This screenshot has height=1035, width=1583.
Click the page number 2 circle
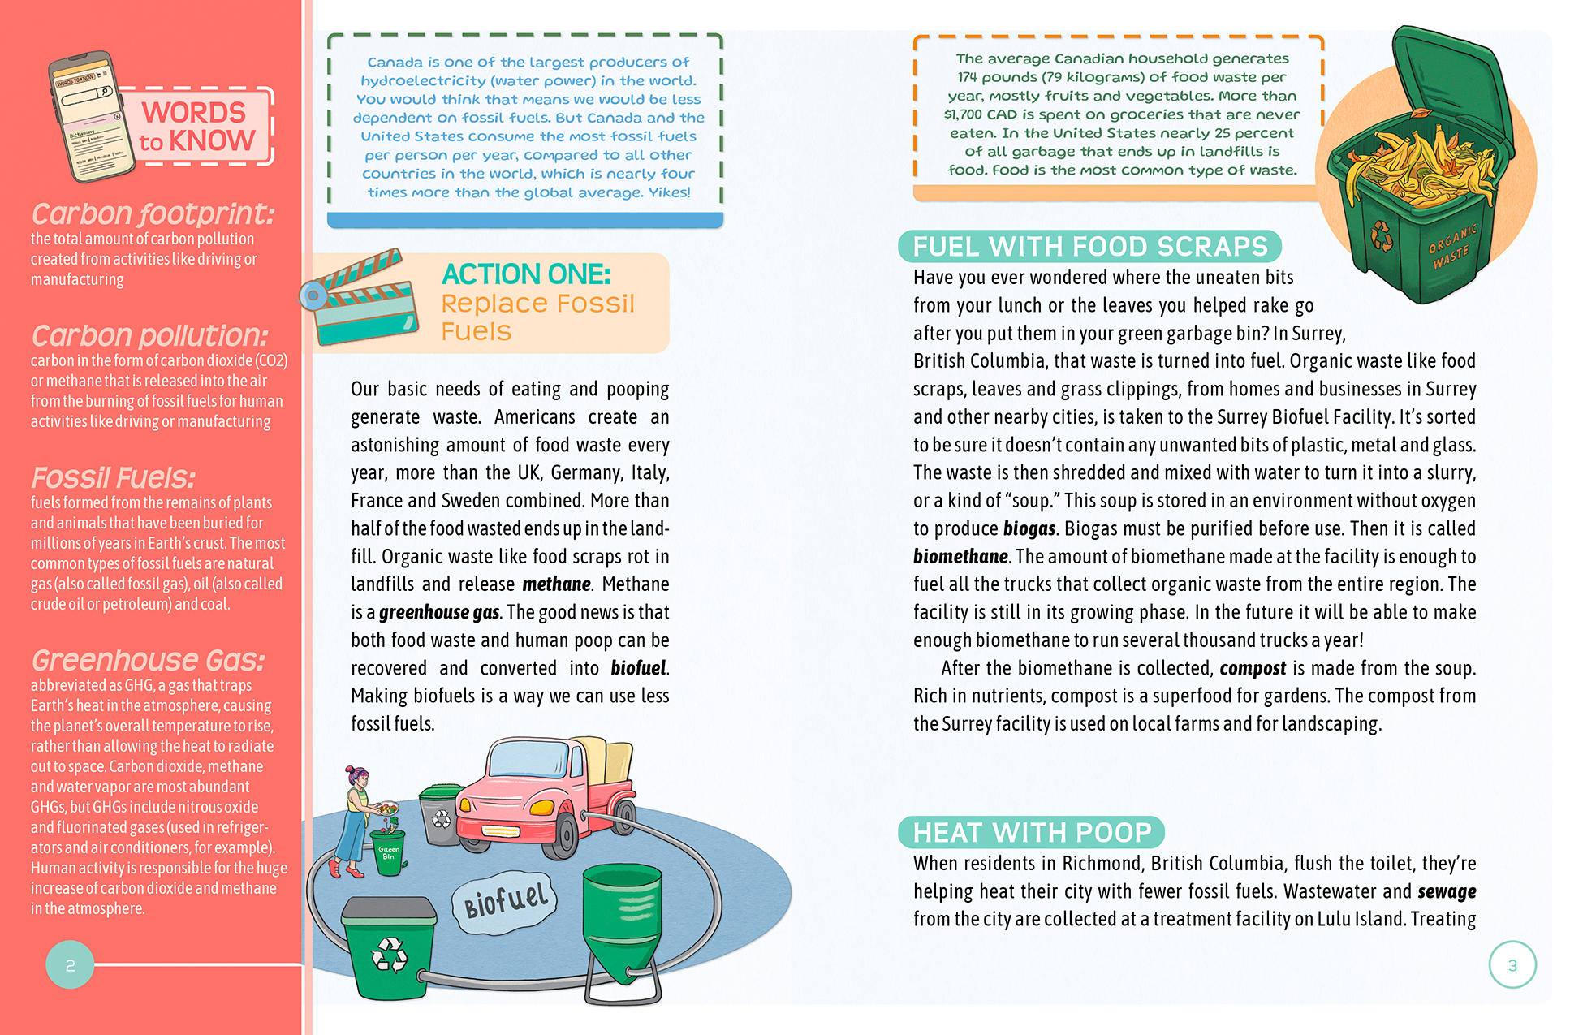tap(70, 964)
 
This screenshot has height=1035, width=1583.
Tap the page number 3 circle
tap(1512, 964)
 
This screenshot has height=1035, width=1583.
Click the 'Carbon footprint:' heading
tap(153, 213)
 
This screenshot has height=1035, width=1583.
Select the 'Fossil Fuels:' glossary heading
tap(113, 477)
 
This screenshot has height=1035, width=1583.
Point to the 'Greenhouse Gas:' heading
tap(148, 660)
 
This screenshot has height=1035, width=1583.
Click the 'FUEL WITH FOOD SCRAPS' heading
tap(1089, 246)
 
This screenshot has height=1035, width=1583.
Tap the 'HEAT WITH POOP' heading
tap(1031, 832)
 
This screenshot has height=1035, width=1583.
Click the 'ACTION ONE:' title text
tap(526, 274)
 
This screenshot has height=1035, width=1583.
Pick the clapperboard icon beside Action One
tap(362, 297)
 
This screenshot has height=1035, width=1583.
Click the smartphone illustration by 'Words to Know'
tap(91, 115)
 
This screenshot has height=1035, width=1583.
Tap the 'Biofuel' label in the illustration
tap(506, 899)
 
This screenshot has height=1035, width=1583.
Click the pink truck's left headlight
tap(466, 804)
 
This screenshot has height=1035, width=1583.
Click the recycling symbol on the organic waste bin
tap(1382, 236)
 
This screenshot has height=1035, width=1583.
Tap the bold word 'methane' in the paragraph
tap(557, 584)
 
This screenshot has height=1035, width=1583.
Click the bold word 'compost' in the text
tap(1253, 668)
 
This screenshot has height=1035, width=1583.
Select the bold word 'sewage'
tap(1447, 891)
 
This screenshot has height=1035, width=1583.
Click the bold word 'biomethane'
tap(960, 557)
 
